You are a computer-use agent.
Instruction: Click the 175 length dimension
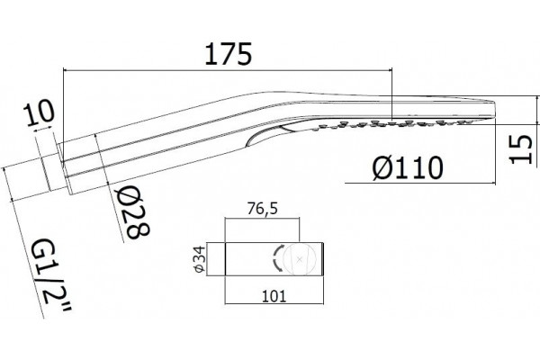(x=229, y=54)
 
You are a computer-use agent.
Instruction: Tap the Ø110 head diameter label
(x=408, y=167)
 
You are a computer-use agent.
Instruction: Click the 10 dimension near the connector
(x=39, y=112)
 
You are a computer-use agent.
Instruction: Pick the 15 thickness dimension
(x=521, y=149)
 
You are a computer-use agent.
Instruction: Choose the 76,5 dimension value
(x=262, y=209)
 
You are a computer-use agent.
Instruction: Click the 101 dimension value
(x=274, y=296)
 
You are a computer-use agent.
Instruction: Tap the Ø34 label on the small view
(x=200, y=259)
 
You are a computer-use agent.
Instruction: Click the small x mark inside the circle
(x=300, y=259)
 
